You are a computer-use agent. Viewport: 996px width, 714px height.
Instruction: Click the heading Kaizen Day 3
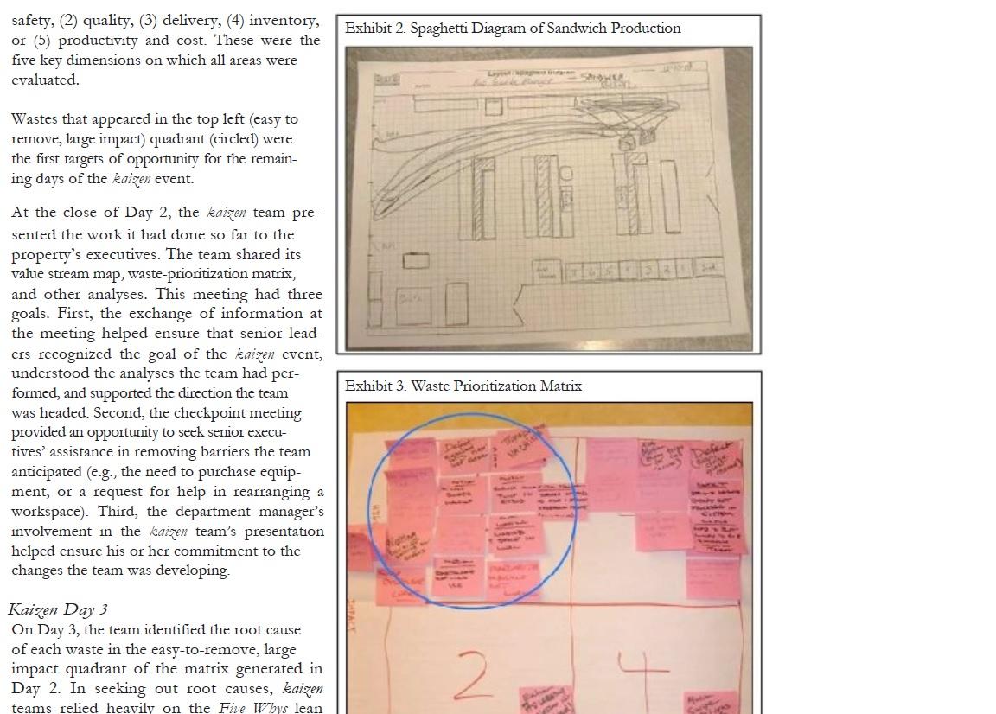tap(58, 609)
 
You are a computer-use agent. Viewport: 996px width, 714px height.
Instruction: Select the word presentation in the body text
tap(278, 532)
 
